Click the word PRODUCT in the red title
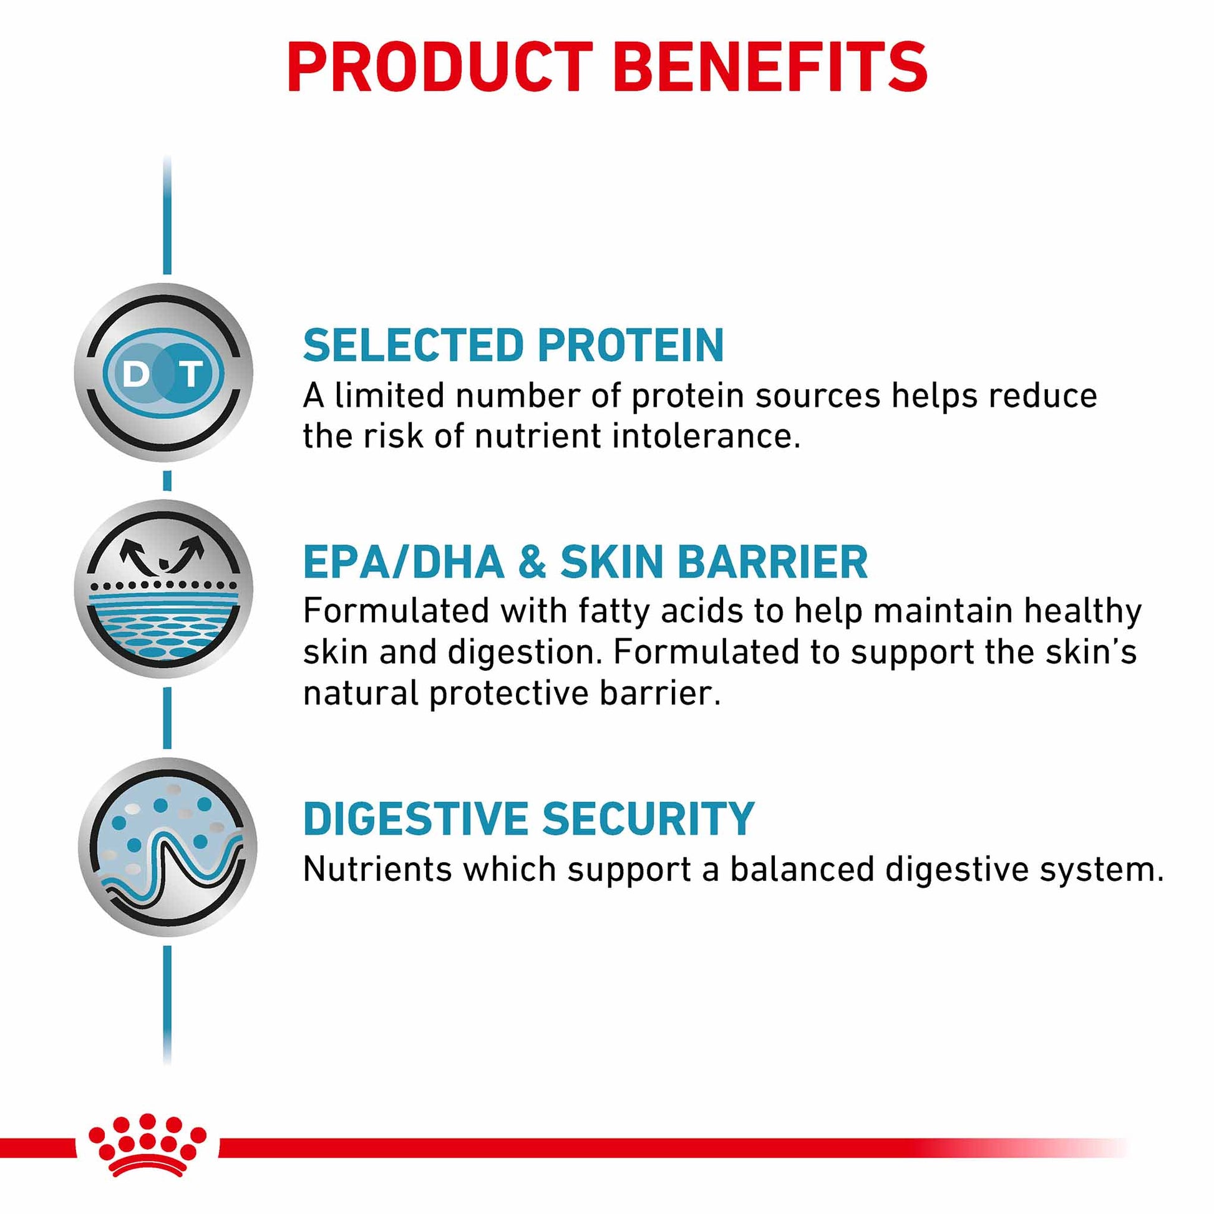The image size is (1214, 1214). coord(439,67)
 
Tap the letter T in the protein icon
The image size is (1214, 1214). coord(191,374)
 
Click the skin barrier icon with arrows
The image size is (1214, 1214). coord(164,589)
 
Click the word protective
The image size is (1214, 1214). coord(508,693)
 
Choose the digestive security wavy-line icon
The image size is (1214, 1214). coord(168,847)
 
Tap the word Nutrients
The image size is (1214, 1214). coord(377,870)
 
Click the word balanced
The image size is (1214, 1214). coord(802,870)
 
